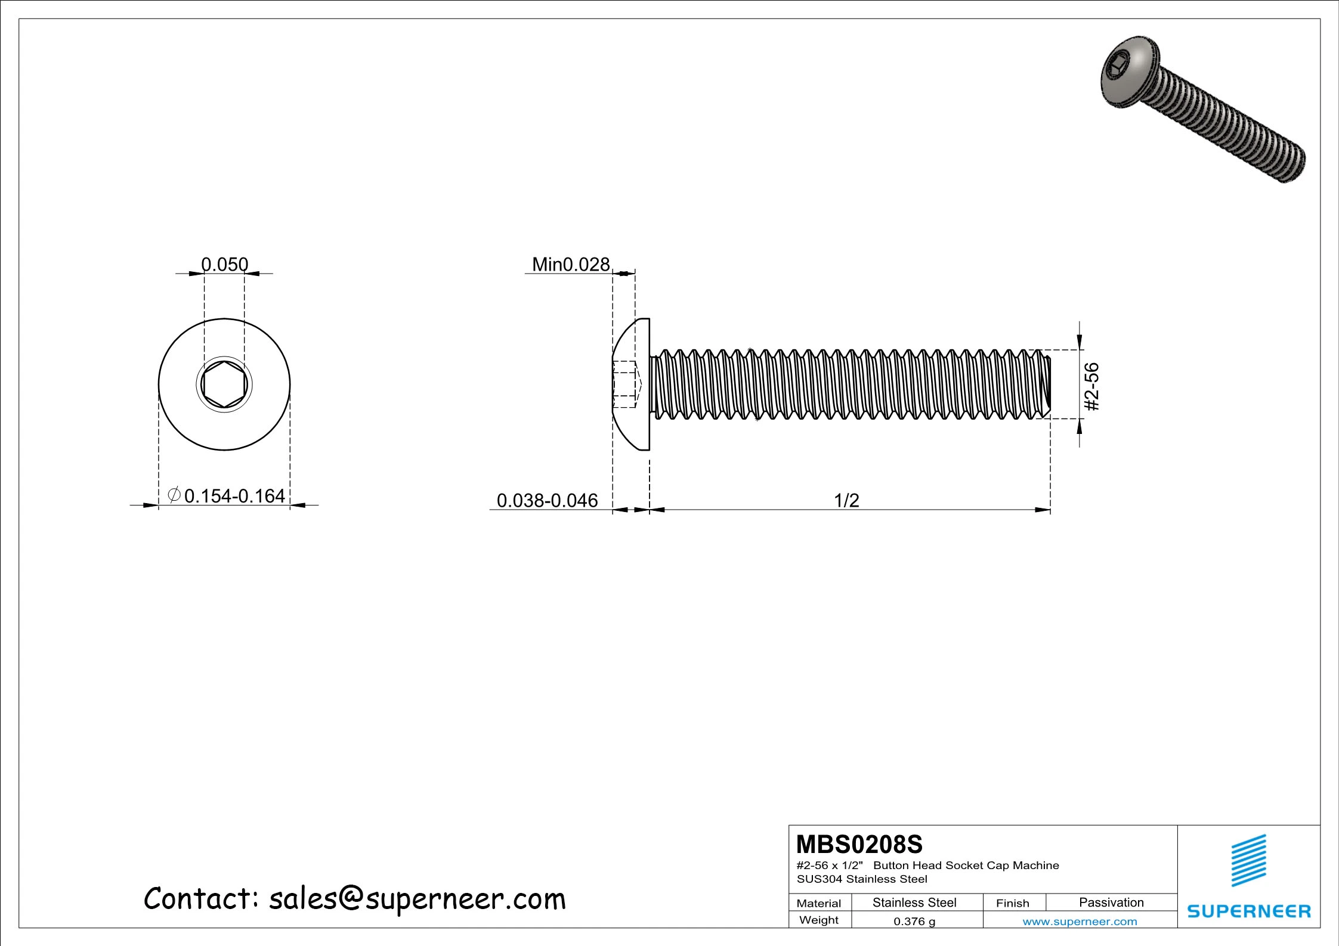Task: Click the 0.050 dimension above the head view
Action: click(x=224, y=264)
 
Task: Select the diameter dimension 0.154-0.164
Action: click(x=234, y=496)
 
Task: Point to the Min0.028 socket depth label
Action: click(x=570, y=264)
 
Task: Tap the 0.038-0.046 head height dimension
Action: click(x=546, y=500)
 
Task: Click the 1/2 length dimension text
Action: click(x=846, y=500)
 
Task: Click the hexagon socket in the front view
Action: click(x=224, y=384)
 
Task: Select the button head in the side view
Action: click(x=632, y=384)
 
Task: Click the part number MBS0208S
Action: click(x=859, y=845)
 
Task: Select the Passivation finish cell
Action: click(x=1111, y=902)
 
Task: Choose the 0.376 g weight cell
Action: click(x=914, y=921)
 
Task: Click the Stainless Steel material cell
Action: click(x=914, y=902)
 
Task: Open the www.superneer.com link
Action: click(x=1080, y=922)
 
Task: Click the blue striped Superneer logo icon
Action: click(x=1248, y=860)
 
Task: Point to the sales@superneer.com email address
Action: click(x=417, y=898)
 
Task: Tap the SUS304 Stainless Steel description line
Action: click(x=862, y=879)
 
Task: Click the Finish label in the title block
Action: click(x=1012, y=903)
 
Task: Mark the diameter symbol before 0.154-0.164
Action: click(x=174, y=495)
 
